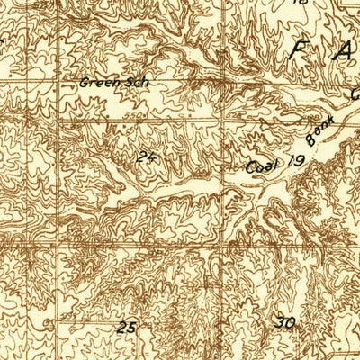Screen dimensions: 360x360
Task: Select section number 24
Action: coord(147,158)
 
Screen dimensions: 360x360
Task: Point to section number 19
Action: coord(296,163)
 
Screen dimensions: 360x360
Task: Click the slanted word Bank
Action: coord(319,131)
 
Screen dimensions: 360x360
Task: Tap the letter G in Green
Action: coord(84,83)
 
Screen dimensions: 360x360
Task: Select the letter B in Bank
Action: coord(310,142)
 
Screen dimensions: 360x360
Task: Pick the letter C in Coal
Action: coord(252,168)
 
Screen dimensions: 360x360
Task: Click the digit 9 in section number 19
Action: coord(301,163)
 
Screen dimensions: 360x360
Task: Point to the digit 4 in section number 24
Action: coord(151,158)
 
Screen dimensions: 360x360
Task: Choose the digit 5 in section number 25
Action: coord(132,328)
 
